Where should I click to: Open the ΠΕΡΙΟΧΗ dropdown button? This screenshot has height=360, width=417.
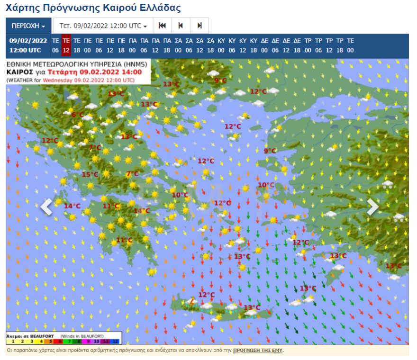[x=28, y=26]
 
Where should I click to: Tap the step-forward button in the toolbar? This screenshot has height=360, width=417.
[x=199, y=26]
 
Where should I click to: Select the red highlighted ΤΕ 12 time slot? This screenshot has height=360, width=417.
[x=66, y=45]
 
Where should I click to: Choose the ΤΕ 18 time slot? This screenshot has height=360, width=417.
[x=77, y=45]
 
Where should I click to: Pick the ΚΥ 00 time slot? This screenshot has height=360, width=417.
[x=221, y=45]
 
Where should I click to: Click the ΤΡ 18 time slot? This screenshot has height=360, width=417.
[x=340, y=45]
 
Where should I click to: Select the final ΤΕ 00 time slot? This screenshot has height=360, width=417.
[x=350, y=45]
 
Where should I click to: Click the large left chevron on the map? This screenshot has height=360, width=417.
[x=46, y=207]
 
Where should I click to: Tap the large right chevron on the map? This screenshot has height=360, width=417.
[x=373, y=207]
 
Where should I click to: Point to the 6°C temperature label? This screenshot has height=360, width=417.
[x=77, y=115]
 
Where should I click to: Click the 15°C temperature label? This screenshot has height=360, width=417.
[x=90, y=175]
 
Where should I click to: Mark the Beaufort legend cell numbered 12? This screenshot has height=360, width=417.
[x=115, y=341]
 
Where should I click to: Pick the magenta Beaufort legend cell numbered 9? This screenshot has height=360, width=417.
[x=88, y=341]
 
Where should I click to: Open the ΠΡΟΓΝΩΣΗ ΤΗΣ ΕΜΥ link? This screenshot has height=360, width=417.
[x=258, y=351]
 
